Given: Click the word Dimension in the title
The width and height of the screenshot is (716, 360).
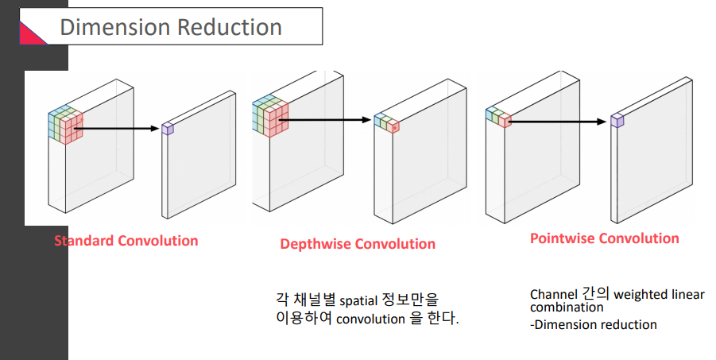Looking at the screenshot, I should pyautogui.click(x=114, y=27).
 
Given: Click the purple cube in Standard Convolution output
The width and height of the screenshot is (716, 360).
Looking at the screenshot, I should pyautogui.click(x=167, y=128).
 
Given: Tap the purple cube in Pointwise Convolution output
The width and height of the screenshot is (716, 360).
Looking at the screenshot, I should pyautogui.click(x=617, y=120).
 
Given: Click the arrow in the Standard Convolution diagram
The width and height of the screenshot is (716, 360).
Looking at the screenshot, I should pyautogui.click(x=119, y=127).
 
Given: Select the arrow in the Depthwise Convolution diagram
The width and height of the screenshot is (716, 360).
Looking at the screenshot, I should pyautogui.click(x=326, y=120).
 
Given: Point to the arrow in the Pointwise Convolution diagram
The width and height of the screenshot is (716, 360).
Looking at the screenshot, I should pyautogui.click(x=556, y=122).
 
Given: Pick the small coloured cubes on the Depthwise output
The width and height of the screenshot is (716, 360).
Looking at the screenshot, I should pyautogui.click(x=386, y=122).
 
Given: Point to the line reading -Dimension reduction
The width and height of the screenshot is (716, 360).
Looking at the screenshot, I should pyautogui.click(x=594, y=324).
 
